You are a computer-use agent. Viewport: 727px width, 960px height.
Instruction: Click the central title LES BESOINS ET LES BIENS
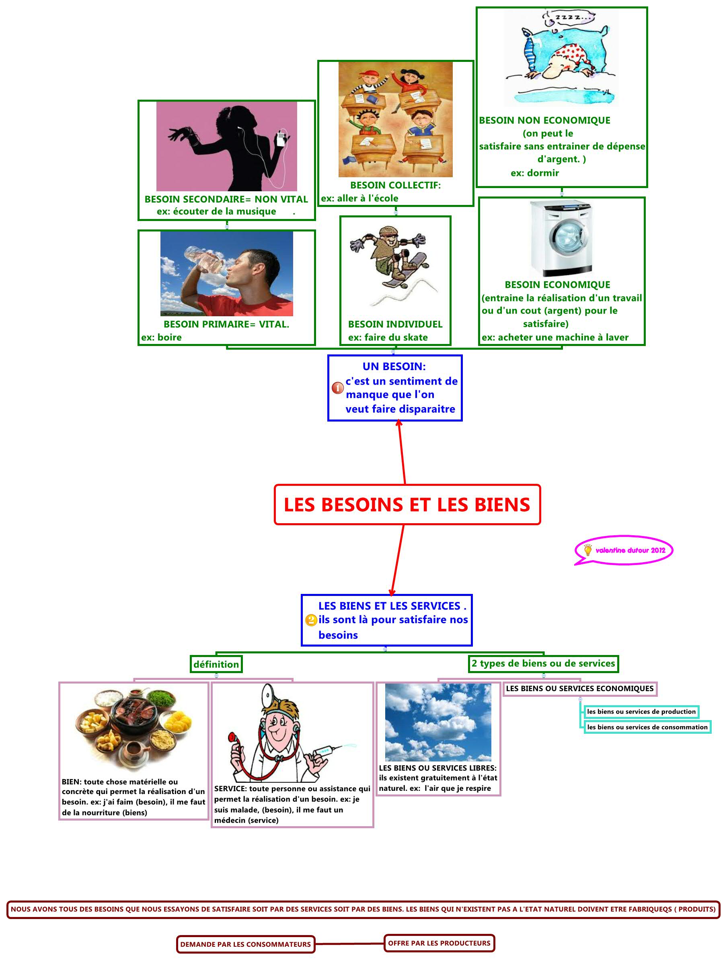click(x=407, y=505)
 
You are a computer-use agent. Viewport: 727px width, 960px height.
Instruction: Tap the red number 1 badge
click(x=337, y=387)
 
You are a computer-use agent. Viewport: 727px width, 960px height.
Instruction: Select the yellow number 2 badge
click(x=311, y=620)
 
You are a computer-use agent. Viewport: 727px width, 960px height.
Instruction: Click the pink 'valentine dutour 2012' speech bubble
click(x=624, y=550)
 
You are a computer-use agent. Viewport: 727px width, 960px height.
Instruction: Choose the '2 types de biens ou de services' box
click(x=543, y=663)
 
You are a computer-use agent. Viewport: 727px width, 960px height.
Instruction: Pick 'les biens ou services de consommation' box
click(x=647, y=727)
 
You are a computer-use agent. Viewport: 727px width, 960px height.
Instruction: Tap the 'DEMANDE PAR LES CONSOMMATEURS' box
click(x=245, y=944)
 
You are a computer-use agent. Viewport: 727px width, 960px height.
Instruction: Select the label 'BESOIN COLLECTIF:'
click(x=395, y=185)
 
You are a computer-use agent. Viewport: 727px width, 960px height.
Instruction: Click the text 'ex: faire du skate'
click(x=387, y=337)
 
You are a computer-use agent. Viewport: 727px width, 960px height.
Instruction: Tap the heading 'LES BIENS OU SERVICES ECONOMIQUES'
click(x=579, y=688)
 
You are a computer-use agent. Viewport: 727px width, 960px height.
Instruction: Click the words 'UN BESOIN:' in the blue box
click(x=394, y=366)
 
